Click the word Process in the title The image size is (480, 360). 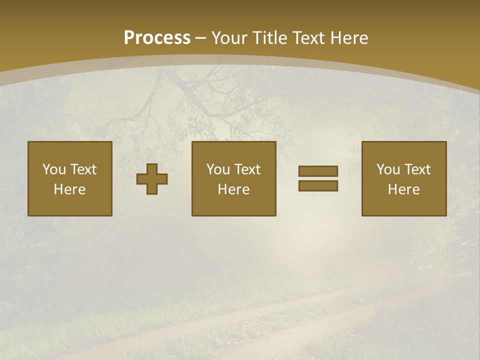tap(157, 37)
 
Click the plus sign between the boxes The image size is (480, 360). tap(152, 178)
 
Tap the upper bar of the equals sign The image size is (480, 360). tap(318, 171)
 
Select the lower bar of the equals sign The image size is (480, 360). tap(318, 185)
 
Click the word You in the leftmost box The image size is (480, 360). tap(54, 169)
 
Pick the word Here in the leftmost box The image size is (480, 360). tap(69, 189)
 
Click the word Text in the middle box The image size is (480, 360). tap(247, 169)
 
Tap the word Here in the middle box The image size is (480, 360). tap(233, 189)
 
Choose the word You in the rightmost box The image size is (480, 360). tap(388, 169)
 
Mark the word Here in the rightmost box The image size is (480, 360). tap(403, 189)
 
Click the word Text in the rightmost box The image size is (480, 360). tap(417, 169)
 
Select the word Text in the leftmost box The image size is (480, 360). tap(83, 169)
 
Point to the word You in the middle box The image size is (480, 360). tap(218, 169)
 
